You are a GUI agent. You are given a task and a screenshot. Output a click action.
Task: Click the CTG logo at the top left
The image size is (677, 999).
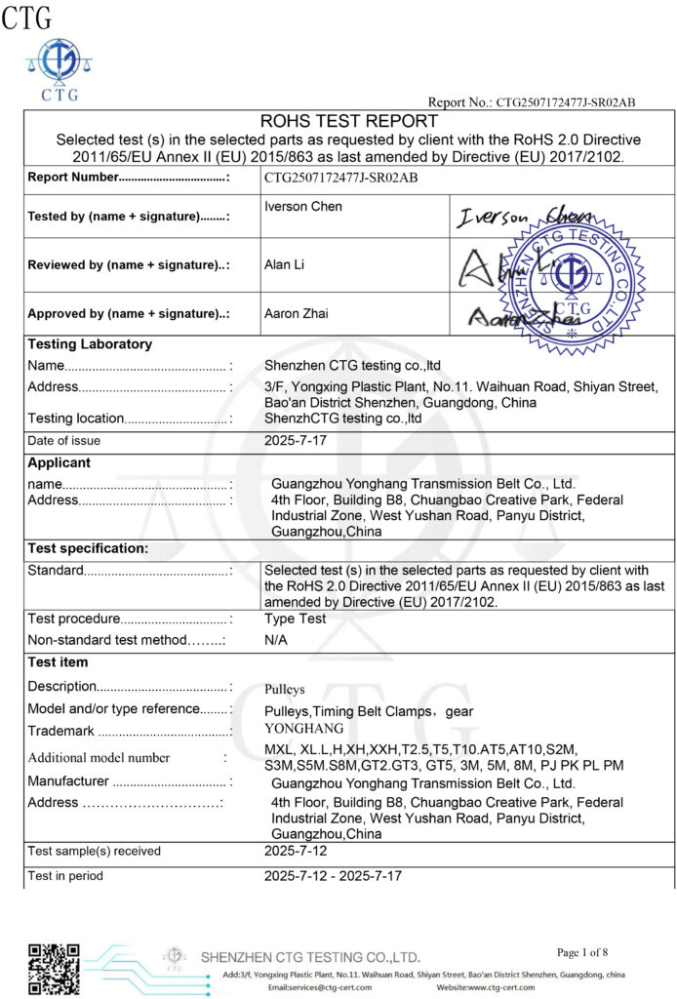pyautogui.click(x=53, y=68)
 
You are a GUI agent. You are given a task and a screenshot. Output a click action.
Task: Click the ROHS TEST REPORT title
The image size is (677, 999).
pyautogui.click(x=348, y=122)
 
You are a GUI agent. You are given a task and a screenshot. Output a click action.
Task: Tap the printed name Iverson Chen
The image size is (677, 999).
pyautogui.click(x=303, y=207)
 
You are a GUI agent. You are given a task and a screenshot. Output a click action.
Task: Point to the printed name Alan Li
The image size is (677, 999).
pyautogui.click(x=284, y=263)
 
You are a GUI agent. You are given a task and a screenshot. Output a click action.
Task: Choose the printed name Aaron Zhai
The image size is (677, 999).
pyautogui.click(x=297, y=313)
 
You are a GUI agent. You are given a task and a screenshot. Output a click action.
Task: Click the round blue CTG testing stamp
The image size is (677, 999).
pyautogui.click(x=572, y=278)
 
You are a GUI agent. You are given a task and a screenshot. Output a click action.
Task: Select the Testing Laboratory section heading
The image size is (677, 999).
pyautogui.click(x=90, y=344)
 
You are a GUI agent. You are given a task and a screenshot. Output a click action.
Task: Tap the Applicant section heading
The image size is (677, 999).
pyautogui.click(x=59, y=462)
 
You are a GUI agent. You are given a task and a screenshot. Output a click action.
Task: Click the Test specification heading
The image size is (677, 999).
pyautogui.click(x=88, y=548)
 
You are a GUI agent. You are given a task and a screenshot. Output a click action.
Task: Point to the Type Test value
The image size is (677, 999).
pyautogui.click(x=295, y=619)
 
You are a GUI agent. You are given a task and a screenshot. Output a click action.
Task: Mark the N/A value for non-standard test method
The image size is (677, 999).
pyautogui.click(x=276, y=640)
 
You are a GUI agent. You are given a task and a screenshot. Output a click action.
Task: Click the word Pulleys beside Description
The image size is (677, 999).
pyautogui.click(x=287, y=688)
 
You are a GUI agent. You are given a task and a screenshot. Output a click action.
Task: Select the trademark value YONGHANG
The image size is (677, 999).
pyautogui.click(x=304, y=729)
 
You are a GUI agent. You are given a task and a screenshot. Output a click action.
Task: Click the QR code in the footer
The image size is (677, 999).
pyautogui.click(x=53, y=968)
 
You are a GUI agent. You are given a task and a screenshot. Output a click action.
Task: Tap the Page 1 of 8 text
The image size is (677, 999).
pyautogui.click(x=582, y=952)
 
